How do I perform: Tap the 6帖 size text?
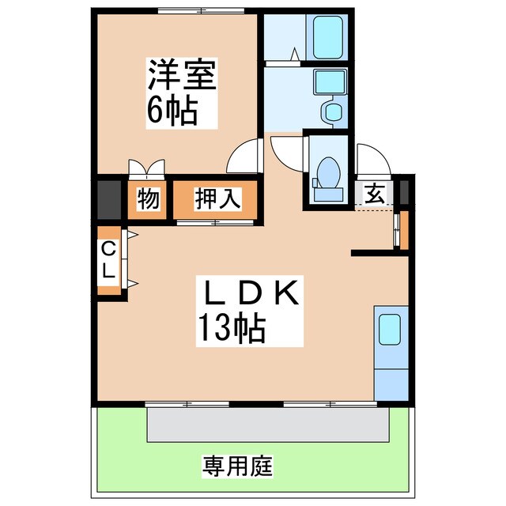click(x=172, y=112)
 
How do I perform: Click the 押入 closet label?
click(x=217, y=198)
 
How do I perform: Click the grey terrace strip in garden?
click(x=268, y=424)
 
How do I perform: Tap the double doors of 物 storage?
click(x=148, y=168)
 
